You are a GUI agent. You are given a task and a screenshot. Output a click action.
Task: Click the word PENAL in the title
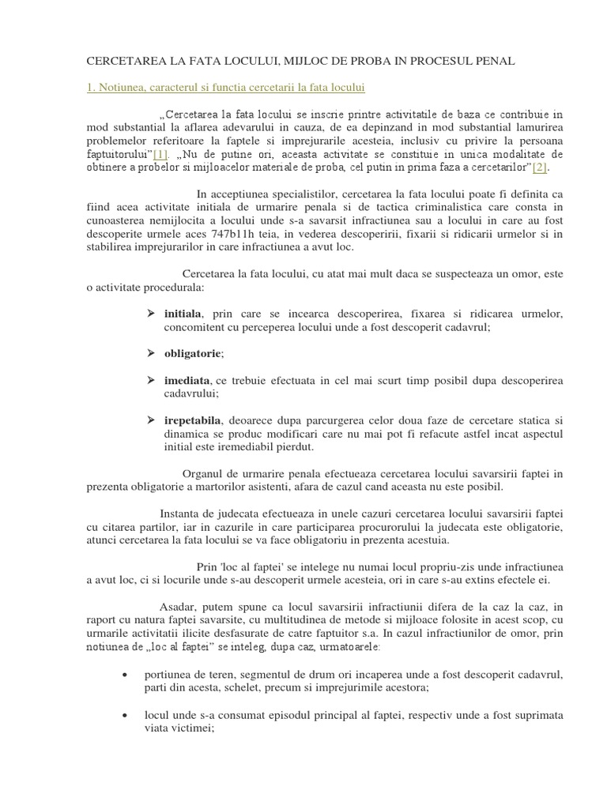coord(493,60)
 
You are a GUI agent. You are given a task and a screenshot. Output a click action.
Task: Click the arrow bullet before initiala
coord(150,314)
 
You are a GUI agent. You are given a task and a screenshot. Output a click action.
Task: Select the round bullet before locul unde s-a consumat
coord(127,716)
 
